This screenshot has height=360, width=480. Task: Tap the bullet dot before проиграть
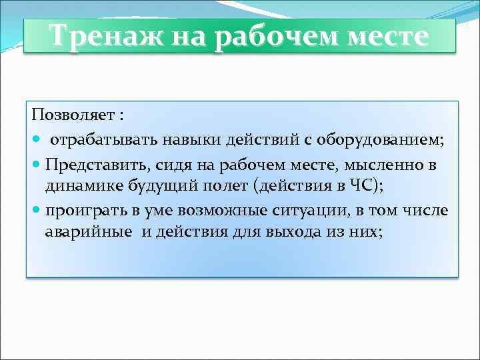(35, 211)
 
